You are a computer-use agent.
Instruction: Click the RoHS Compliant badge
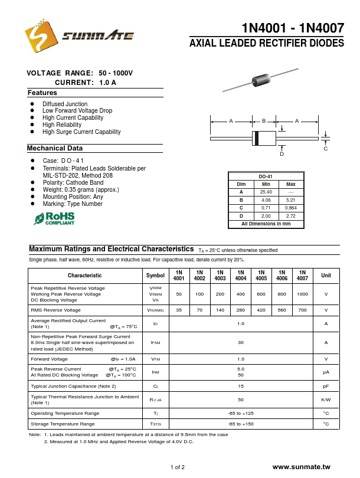[x=54, y=219]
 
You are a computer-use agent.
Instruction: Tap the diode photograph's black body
[x=260, y=80]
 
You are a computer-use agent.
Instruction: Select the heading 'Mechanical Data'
[x=55, y=148]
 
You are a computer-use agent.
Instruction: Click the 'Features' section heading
[x=42, y=93]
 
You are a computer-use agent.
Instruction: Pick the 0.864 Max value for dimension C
[x=291, y=208]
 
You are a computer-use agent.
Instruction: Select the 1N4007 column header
[x=302, y=275]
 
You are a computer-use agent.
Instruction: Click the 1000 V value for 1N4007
[x=302, y=294]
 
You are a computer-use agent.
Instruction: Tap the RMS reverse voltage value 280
[x=241, y=310]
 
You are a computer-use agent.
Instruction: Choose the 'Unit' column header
[x=326, y=275]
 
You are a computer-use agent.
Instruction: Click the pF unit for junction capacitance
[x=326, y=386]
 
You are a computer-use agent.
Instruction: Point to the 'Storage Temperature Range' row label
[x=63, y=424]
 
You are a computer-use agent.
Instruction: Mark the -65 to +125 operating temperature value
[x=241, y=413]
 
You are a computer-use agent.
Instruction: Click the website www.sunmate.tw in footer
[x=302, y=467]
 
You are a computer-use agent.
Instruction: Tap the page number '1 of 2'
[x=178, y=467]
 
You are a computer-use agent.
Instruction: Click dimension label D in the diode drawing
[x=282, y=154]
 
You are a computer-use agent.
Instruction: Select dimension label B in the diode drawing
[x=264, y=121]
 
